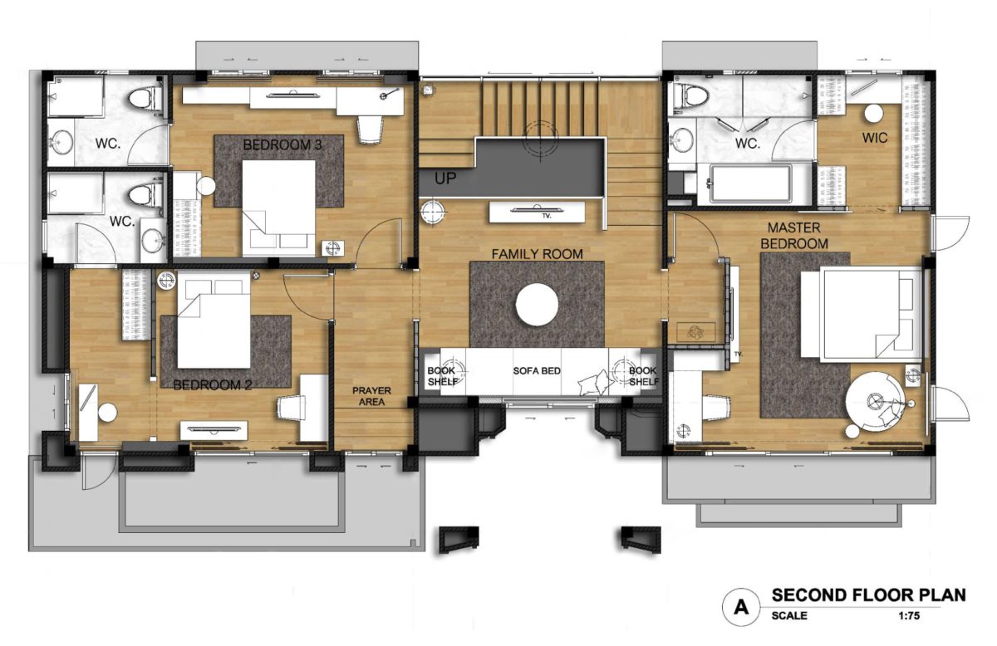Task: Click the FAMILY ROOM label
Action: click(537, 254)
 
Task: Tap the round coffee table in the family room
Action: click(537, 305)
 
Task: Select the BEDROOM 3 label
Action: click(282, 144)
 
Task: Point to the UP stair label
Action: click(445, 179)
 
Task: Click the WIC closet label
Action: click(875, 138)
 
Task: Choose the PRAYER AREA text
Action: click(371, 396)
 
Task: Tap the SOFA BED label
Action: click(537, 370)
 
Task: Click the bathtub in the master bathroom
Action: click(750, 184)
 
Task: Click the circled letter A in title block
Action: click(741, 606)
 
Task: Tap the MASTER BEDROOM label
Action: click(794, 236)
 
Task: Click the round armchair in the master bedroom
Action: click(875, 402)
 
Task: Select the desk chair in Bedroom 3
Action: click(371, 130)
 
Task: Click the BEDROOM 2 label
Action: click(213, 384)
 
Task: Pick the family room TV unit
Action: click(537, 213)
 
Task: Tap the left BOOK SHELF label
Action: click(442, 376)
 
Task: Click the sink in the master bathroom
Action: click(681, 139)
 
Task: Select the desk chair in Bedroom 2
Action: click(292, 409)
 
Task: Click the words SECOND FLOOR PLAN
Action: click(869, 595)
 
